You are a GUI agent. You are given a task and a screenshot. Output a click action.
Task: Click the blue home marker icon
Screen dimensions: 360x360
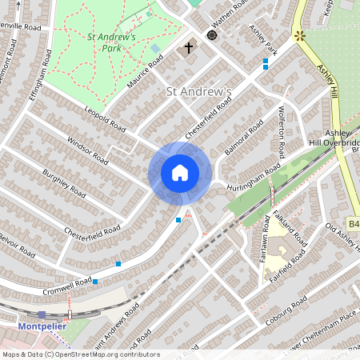(180, 173)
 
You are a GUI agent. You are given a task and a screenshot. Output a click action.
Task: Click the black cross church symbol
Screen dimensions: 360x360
(189, 48)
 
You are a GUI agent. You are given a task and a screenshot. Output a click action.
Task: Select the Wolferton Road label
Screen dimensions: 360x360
(282, 132)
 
